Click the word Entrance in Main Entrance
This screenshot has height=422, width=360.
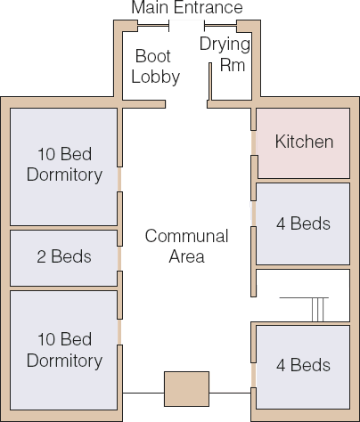click(209, 7)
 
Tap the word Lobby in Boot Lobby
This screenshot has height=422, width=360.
click(156, 77)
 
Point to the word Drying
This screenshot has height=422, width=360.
click(225, 45)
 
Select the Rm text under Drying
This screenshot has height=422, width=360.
click(233, 65)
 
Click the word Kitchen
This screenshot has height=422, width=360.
click(304, 142)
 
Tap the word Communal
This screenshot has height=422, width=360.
click(187, 236)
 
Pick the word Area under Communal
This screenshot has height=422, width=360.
click(187, 256)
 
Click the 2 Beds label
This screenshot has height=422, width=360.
click(64, 256)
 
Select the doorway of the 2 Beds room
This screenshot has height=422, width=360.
click(119, 258)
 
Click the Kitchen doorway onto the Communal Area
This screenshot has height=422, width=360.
click(253, 142)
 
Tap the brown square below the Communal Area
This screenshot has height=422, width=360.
click(186, 389)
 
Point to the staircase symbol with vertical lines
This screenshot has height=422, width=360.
click(317, 309)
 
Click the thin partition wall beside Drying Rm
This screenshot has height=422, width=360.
click(210, 81)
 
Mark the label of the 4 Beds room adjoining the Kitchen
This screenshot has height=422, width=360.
click(303, 223)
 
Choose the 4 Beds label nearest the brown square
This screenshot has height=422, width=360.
click(303, 365)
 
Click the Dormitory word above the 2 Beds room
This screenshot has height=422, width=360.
click(64, 174)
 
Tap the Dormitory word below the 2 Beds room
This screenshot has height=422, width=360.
click(64, 361)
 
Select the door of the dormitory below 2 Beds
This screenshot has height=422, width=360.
click(119, 332)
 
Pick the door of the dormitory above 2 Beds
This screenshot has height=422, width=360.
click(119, 179)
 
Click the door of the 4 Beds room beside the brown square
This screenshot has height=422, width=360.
click(253, 375)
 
